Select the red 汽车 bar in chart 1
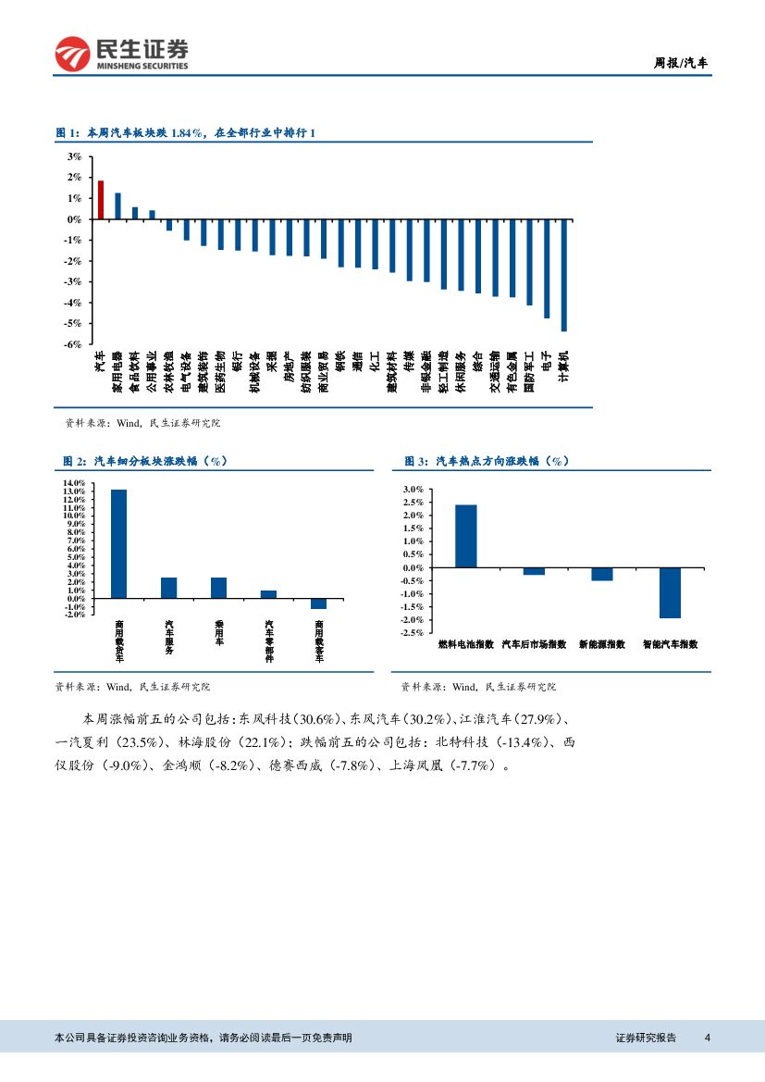tap(101, 200)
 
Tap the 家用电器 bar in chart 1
tap(117, 206)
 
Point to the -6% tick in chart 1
tap(74, 344)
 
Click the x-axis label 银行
tap(238, 361)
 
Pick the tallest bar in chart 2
tap(118, 544)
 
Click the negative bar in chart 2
tap(318, 603)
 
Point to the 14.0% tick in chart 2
tap(75, 483)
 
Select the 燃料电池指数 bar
tap(465, 536)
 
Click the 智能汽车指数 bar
tap(670, 592)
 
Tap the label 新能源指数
tap(601, 644)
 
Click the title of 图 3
tap(487, 461)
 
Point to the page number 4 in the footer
tap(707, 1038)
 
